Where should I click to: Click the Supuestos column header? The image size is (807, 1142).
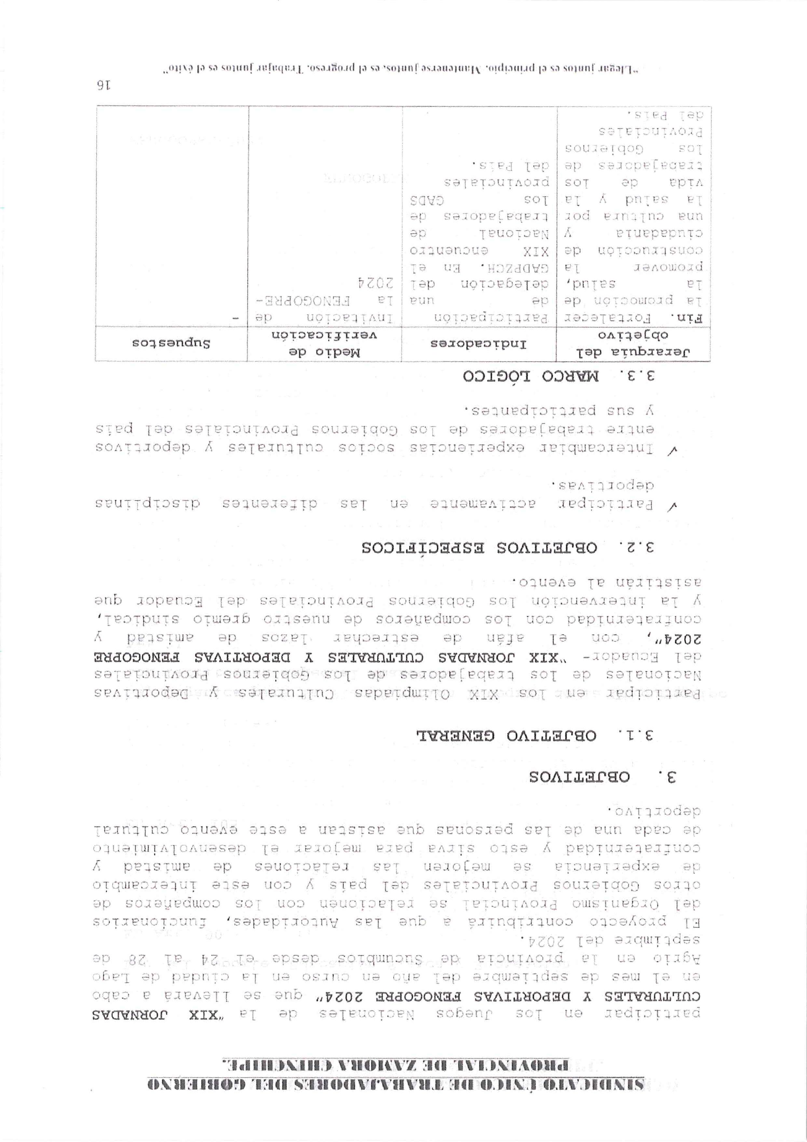[x=171, y=343]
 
